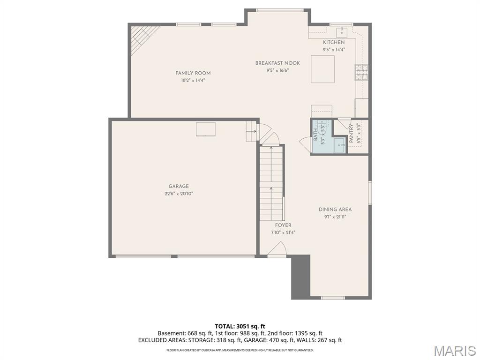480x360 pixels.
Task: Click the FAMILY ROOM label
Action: [x=193, y=73]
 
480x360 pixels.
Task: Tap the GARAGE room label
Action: [x=179, y=187]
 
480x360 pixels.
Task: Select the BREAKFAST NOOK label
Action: [x=277, y=63]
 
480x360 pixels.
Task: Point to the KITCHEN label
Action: [x=334, y=43]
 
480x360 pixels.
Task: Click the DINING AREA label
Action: [x=335, y=210]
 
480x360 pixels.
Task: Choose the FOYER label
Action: [x=283, y=225]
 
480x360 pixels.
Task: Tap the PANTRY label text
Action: [x=351, y=133]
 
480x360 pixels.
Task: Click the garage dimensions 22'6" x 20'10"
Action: [x=179, y=194]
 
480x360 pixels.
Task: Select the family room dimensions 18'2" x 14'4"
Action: [x=193, y=81]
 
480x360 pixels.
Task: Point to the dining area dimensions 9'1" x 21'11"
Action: [x=335, y=217]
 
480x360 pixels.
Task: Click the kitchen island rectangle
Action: [x=322, y=69]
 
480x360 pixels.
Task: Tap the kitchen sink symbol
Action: [x=342, y=31]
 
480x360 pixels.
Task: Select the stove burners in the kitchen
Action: [x=361, y=72]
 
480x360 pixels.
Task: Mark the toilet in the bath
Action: [x=323, y=128]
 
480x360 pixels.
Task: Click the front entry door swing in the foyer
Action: [x=277, y=248]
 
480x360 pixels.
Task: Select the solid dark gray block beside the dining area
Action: [x=300, y=277]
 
